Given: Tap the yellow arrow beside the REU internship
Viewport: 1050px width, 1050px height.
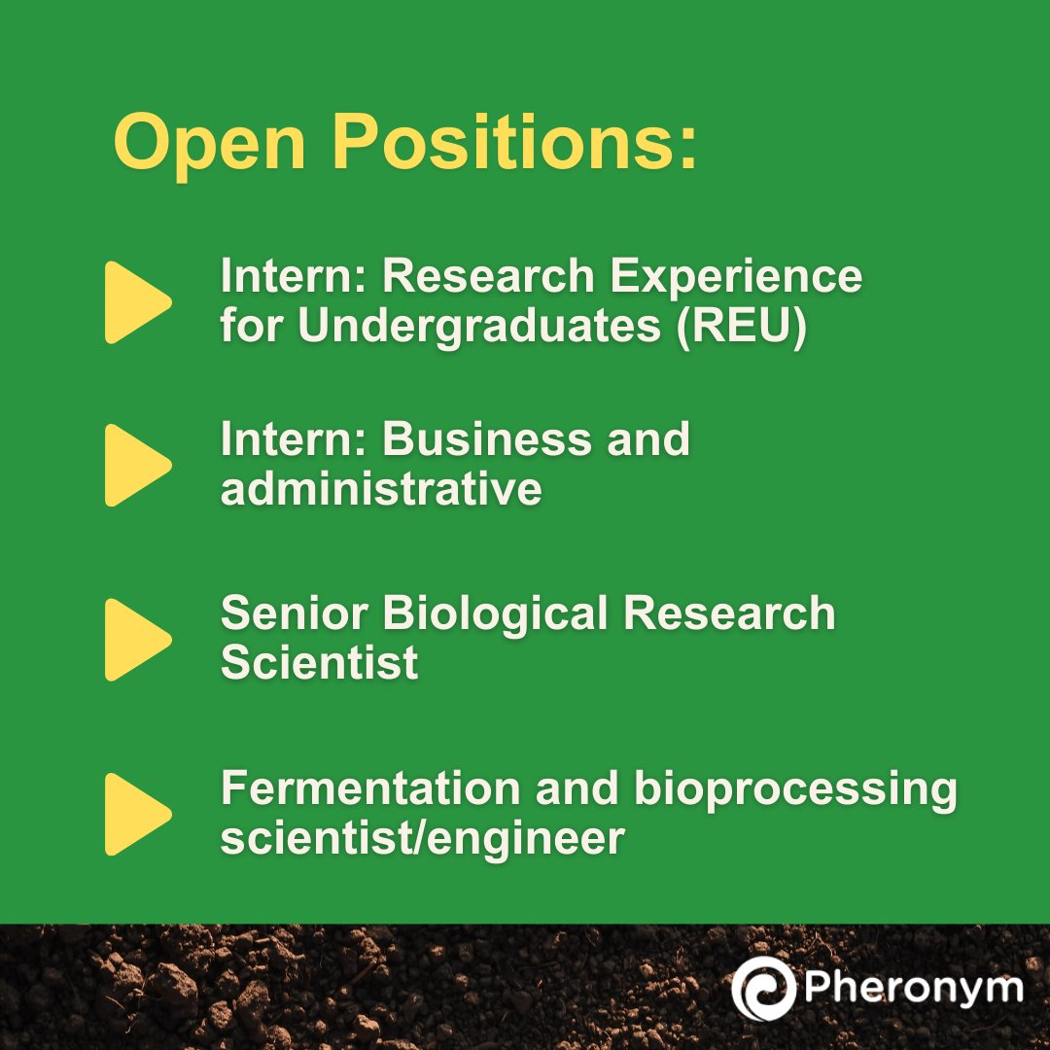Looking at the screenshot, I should [137, 302].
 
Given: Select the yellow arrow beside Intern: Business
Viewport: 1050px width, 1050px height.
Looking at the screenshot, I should [137, 465].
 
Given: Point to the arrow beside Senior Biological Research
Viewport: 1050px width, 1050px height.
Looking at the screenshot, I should [137, 639].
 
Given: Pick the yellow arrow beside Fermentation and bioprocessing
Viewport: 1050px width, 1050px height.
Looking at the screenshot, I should [137, 814].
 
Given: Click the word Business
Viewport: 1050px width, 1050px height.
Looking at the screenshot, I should [486, 439].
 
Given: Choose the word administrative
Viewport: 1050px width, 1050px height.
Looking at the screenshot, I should [380, 488].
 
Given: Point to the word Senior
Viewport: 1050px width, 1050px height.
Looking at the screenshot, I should [295, 613].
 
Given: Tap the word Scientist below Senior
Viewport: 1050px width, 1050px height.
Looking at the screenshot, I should [319, 663].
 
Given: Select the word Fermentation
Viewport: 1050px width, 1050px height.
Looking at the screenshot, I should [370, 788].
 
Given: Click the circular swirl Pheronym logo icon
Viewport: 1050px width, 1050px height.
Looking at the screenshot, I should [763, 989].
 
